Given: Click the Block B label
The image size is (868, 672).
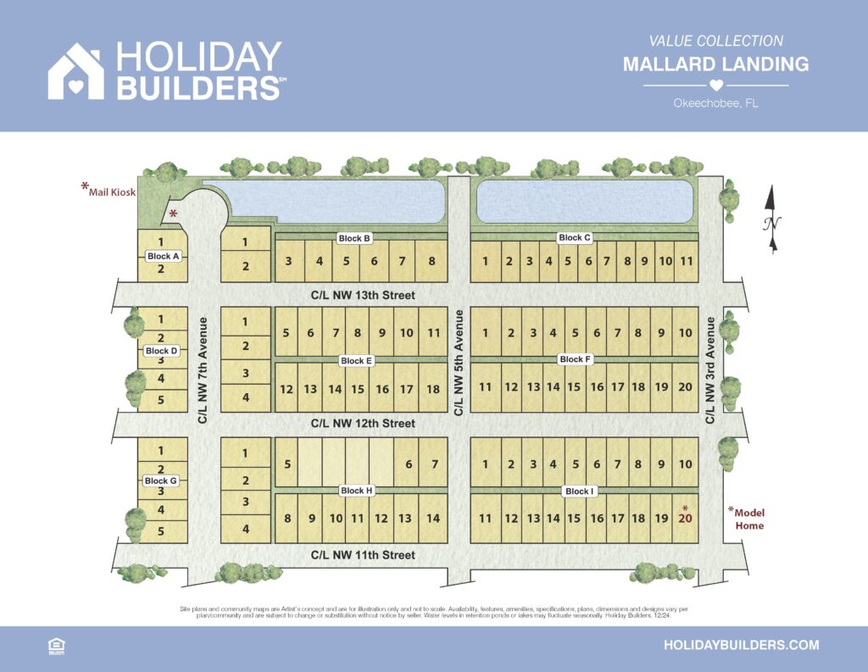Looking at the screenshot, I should pyautogui.click(x=355, y=239).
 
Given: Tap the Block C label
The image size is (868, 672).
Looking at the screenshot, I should pyautogui.click(x=575, y=238).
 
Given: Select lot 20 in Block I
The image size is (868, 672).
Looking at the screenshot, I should pyautogui.click(x=686, y=518).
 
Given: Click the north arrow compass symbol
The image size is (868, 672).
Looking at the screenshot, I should pyautogui.click(x=772, y=219).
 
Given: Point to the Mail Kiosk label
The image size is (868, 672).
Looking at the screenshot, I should pyautogui.click(x=112, y=192).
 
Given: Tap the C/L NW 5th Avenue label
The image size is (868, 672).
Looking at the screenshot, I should pyautogui.click(x=459, y=362).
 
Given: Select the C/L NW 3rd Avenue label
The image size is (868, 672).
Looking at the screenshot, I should pyautogui.click(x=710, y=370).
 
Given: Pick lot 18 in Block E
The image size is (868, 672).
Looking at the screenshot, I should pyautogui.click(x=433, y=389).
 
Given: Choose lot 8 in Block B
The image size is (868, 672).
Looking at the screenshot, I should pyautogui.click(x=431, y=261).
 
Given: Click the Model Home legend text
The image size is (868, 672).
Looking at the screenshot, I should pyautogui.click(x=748, y=519).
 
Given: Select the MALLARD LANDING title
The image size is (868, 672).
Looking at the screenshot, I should pyautogui.click(x=715, y=64).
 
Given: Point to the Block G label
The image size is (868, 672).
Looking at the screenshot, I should pyautogui.click(x=161, y=481).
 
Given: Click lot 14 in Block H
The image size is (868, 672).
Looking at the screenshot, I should pyautogui.click(x=433, y=519).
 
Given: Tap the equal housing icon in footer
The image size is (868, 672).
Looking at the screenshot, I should pyautogui.click(x=57, y=646).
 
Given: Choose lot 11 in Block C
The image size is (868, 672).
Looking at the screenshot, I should pyautogui.click(x=687, y=261).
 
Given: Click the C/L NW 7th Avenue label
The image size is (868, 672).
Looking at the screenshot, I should pyautogui.click(x=203, y=370).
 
